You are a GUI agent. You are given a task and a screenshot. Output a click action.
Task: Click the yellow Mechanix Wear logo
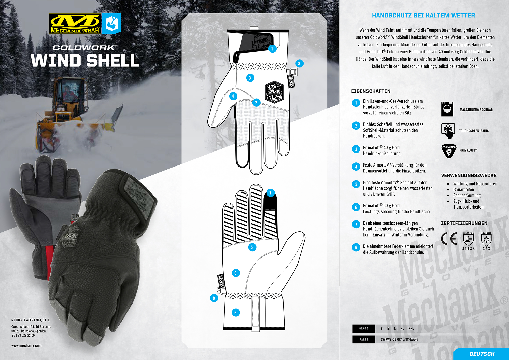point(75,24)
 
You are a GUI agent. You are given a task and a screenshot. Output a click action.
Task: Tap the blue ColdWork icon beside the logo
point(111,24)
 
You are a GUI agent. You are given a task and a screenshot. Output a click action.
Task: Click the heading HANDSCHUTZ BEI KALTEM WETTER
point(423,16)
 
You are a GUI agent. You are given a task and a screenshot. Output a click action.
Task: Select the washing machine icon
point(447,109)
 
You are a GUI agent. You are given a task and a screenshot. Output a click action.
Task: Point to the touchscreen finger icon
point(448,131)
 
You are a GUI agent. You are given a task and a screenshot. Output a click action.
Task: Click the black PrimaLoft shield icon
point(449,151)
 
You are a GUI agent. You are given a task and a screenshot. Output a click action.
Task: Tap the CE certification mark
point(449,239)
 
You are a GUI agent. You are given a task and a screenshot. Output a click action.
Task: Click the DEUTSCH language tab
point(482,354)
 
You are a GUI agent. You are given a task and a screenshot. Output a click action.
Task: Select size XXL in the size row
point(411,329)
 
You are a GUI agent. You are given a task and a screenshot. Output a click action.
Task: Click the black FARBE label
point(364,339)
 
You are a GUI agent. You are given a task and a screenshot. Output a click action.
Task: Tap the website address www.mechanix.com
point(26,346)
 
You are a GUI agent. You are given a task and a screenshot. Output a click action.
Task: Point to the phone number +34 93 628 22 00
point(23,336)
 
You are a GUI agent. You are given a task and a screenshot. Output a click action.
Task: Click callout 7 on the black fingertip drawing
point(270,193)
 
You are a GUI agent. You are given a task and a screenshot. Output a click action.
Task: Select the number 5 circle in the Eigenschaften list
point(356,184)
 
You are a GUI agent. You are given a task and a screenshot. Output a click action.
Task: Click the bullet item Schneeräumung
point(467,196)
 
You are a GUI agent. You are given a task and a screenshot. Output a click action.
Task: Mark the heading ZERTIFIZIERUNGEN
point(464,223)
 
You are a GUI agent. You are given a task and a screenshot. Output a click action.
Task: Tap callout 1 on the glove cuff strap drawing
point(272,49)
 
